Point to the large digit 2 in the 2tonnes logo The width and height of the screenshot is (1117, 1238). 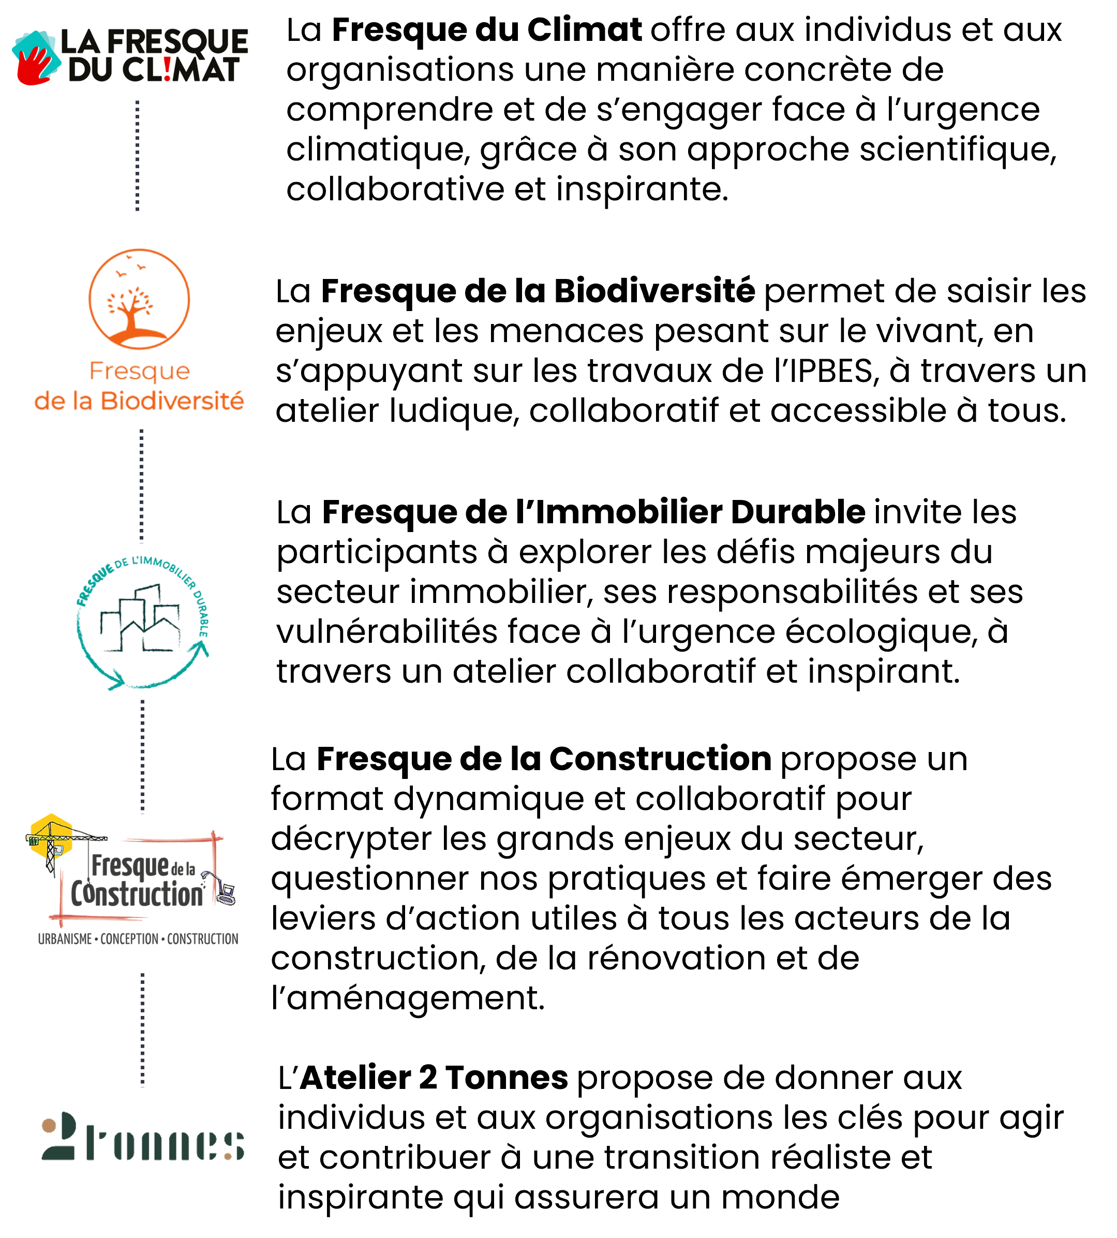pos(59,1137)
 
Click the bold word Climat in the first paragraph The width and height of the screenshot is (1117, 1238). pos(585,30)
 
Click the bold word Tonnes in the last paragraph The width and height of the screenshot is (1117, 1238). pos(507,1077)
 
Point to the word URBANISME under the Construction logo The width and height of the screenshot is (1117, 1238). pos(65,939)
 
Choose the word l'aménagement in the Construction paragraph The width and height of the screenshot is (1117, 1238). pos(408,998)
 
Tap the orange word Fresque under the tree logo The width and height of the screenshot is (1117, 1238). pos(139,371)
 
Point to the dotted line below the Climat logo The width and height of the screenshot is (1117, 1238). pos(138,155)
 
